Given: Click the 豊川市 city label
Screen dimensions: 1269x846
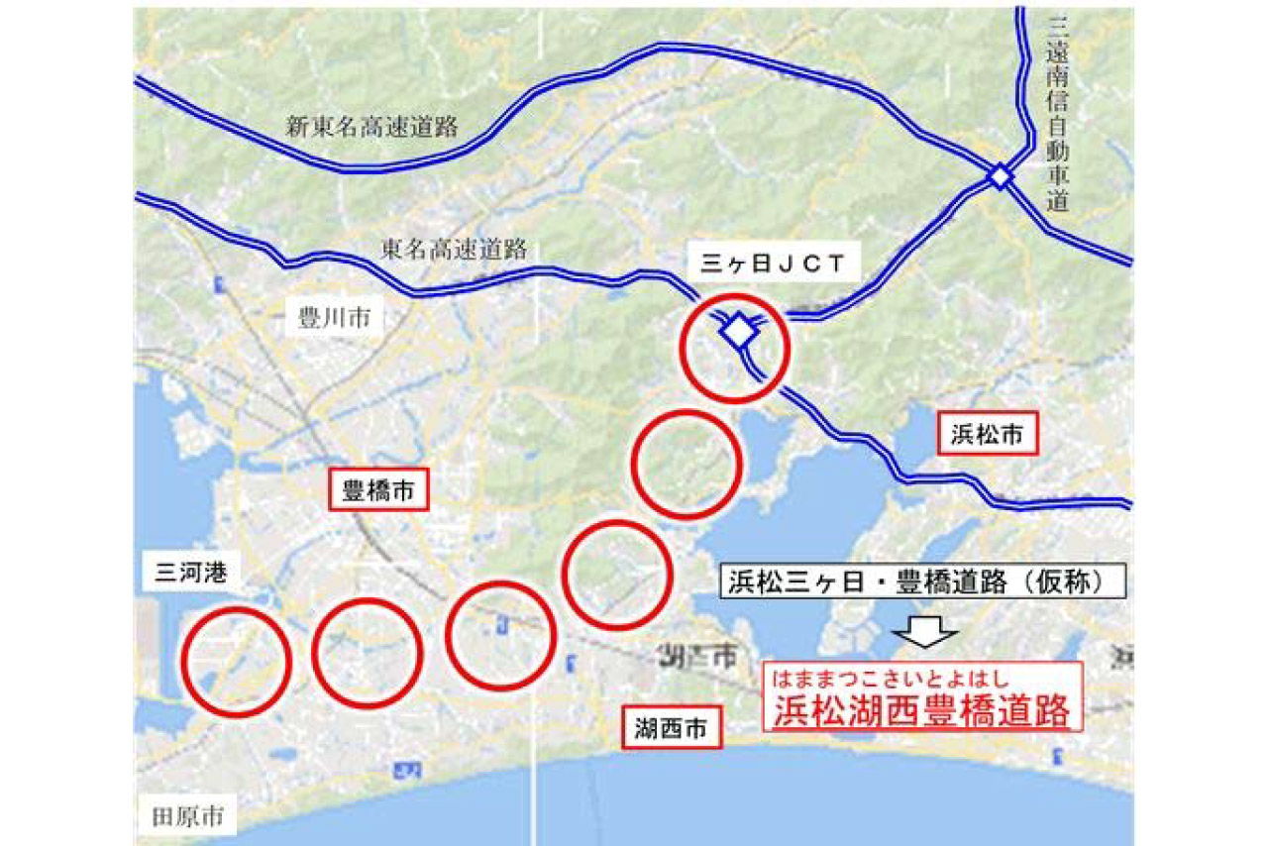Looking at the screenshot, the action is [334, 318].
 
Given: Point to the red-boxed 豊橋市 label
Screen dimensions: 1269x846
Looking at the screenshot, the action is [378, 490].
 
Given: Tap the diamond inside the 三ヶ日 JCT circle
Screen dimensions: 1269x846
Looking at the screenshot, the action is [738, 331].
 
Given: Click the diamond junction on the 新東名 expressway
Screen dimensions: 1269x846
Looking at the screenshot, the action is [1000, 177].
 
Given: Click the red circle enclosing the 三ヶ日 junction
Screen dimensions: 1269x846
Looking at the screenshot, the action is [736, 348].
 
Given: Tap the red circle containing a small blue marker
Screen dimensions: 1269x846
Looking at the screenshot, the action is [499, 636].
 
